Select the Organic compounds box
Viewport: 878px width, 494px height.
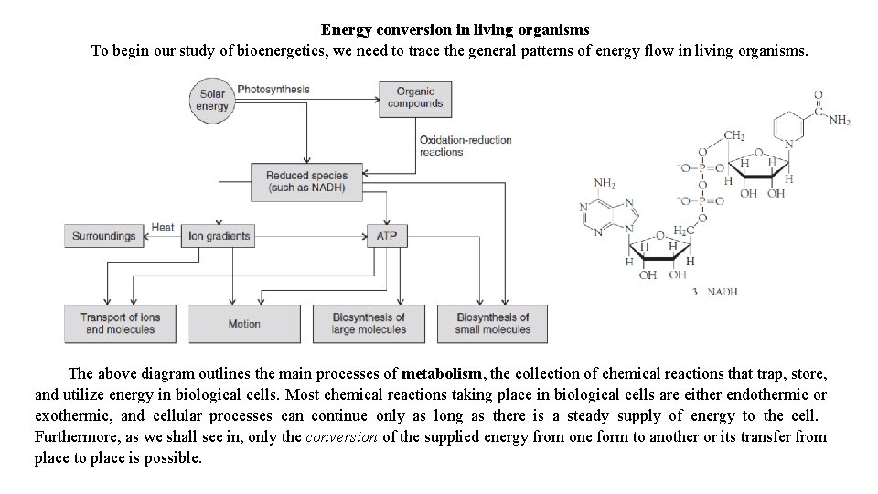[x=414, y=98]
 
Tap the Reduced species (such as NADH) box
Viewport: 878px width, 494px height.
[x=306, y=182]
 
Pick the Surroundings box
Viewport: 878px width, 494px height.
[x=103, y=236]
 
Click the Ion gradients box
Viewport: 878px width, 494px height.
[x=219, y=236]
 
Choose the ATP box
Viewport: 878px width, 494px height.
[x=386, y=236]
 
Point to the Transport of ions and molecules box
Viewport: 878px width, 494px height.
[x=120, y=324]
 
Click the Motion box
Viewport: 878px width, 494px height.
[x=244, y=324]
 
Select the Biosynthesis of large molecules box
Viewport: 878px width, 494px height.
[x=369, y=324]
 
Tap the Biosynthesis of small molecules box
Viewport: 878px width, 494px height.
[x=492, y=324]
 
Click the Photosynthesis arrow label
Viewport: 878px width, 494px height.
[x=273, y=90]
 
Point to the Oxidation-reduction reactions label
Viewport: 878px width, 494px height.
[x=465, y=145]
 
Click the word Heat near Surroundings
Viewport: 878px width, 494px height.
[x=163, y=227]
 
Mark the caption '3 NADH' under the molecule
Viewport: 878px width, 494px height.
[x=714, y=292]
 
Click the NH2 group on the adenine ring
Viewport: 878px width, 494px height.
[x=605, y=183]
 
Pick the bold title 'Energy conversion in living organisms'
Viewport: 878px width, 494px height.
[x=455, y=31]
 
